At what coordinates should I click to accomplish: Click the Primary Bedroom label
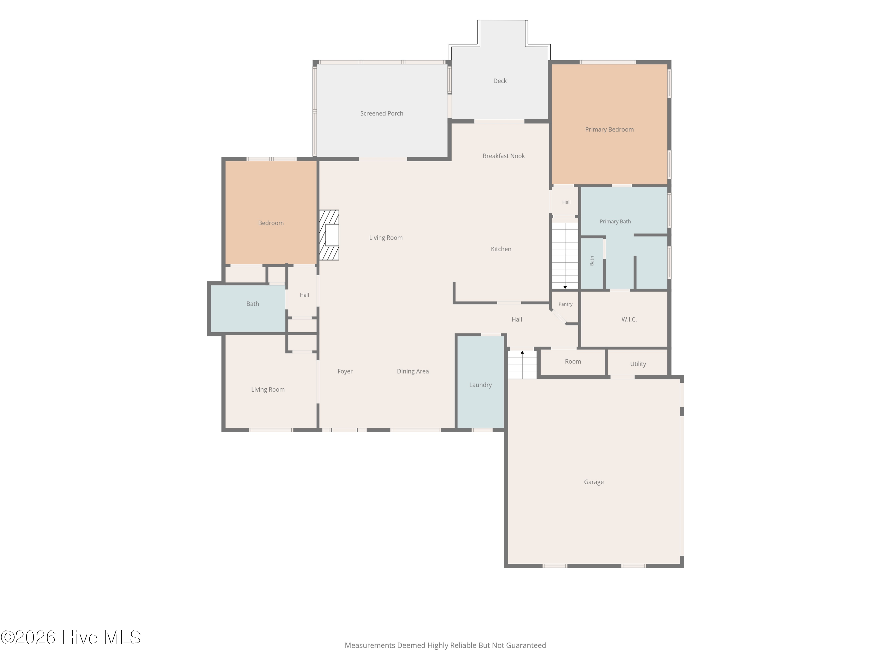(x=609, y=129)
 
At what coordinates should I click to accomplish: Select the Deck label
(x=500, y=81)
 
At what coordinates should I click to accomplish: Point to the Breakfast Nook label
(x=503, y=156)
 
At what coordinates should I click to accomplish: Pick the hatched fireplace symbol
(x=329, y=235)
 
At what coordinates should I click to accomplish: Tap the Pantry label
(x=565, y=304)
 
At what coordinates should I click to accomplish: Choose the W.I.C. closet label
(x=629, y=319)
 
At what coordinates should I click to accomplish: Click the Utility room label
(x=638, y=364)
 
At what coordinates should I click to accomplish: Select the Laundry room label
(x=480, y=385)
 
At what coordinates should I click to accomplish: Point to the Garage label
(x=594, y=482)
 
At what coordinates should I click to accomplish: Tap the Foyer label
(x=345, y=371)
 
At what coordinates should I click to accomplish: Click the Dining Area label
(x=413, y=371)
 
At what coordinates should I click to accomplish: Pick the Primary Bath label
(x=615, y=221)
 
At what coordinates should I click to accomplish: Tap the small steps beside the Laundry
(x=522, y=364)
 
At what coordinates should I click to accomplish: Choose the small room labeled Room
(x=573, y=362)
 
